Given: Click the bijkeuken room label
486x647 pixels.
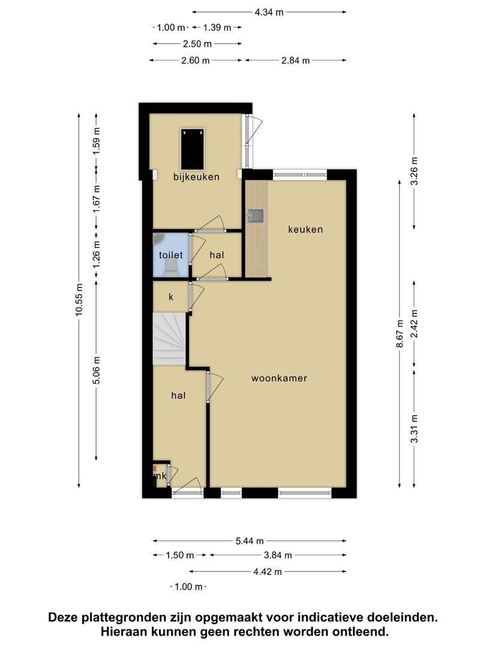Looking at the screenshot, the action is pyautogui.click(x=196, y=177).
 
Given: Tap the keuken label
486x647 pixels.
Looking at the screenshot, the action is pyautogui.click(x=305, y=229).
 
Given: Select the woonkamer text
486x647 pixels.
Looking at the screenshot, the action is pyautogui.click(x=280, y=378).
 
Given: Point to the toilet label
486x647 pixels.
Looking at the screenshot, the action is pyautogui.click(x=170, y=255).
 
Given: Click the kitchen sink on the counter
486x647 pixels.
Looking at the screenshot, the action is pyautogui.click(x=256, y=216).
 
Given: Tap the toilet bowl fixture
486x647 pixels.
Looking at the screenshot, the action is pyautogui.click(x=170, y=269).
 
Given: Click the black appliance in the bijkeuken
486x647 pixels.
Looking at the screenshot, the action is pyautogui.click(x=193, y=149).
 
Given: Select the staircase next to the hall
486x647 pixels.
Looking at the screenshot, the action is pyautogui.click(x=169, y=338).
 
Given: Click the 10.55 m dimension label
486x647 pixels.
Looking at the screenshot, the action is pyautogui.click(x=79, y=300).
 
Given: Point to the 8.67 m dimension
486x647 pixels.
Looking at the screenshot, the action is pyautogui.click(x=400, y=334).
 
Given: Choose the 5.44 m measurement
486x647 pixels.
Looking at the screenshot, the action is pyautogui.click(x=250, y=540).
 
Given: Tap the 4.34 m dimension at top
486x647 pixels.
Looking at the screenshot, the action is pyautogui.click(x=269, y=13).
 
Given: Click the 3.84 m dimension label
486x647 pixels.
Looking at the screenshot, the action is pyautogui.click(x=278, y=555).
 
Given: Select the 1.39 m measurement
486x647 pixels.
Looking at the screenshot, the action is pyautogui.click(x=217, y=28).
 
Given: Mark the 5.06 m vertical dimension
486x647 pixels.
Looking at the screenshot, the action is pyautogui.click(x=96, y=370).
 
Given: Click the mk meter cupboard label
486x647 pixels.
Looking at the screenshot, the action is pyautogui.click(x=160, y=476).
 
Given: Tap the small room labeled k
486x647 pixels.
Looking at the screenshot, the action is pyautogui.click(x=171, y=297).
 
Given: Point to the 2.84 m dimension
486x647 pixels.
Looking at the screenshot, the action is pyautogui.click(x=295, y=61).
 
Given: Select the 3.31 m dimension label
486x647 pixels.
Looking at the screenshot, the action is pyautogui.click(x=414, y=429).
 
